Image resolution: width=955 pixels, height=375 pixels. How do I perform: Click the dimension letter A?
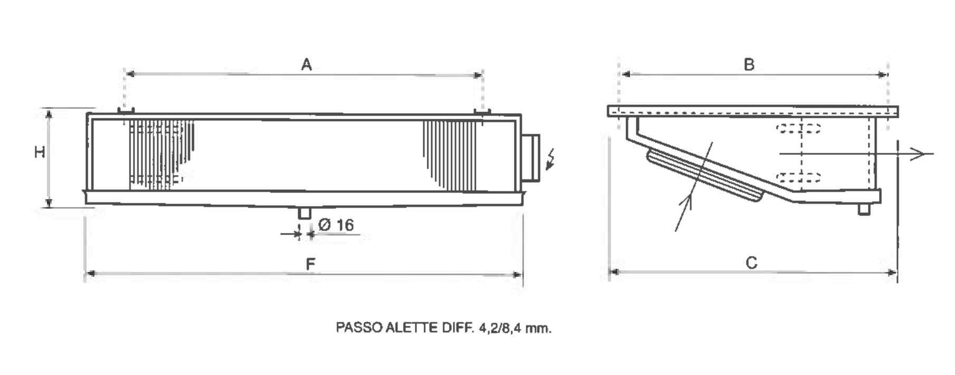(307, 65)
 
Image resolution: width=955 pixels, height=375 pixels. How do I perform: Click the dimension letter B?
(749, 64)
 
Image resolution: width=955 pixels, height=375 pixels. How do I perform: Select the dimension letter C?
(751, 262)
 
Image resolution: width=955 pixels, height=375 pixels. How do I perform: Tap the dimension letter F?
(311, 264)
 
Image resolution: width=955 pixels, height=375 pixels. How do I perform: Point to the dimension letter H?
(40, 153)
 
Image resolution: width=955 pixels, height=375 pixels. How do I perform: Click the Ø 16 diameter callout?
(336, 226)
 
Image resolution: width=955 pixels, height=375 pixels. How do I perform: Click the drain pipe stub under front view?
(304, 213)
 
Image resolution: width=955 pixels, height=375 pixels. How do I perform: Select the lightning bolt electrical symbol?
(551, 160)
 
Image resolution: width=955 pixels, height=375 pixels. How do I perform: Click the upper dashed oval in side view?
(799, 128)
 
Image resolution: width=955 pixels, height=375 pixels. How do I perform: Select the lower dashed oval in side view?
(799, 177)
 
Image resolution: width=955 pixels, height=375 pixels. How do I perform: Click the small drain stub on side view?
(863, 209)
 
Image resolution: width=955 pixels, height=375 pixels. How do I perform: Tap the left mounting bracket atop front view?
(126, 111)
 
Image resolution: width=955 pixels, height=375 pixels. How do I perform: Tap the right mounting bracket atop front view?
(482, 111)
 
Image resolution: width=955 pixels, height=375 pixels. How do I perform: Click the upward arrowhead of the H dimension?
(49, 114)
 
